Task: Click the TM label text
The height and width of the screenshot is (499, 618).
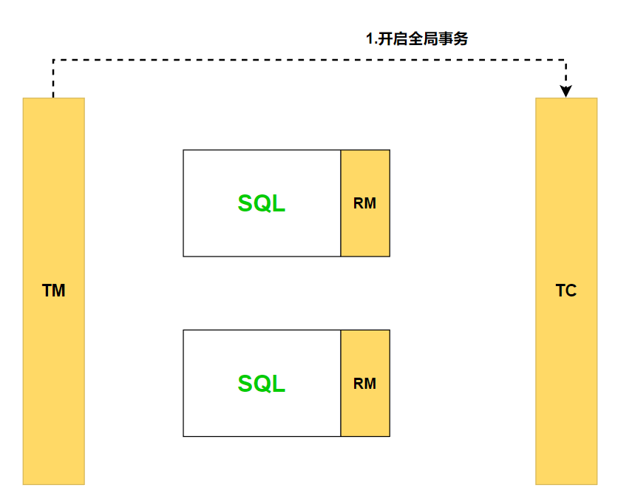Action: click(x=53, y=291)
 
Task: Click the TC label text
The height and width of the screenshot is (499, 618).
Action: click(x=566, y=291)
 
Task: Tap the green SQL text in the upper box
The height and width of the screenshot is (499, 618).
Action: click(x=261, y=204)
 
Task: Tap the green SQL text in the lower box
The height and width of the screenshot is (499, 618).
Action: click(x=261, y=384)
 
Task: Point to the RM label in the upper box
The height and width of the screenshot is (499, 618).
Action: click(x=364, y=204)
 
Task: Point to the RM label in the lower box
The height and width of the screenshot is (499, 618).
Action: click(x=364, y=384)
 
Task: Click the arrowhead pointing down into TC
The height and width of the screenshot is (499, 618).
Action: click(x=566, y=91)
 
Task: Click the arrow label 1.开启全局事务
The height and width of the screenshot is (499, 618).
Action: click(x=417, y=40)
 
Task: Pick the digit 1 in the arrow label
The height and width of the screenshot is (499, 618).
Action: click(x=370, y=40)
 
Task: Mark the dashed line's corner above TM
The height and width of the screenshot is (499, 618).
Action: click(x=53, y=60)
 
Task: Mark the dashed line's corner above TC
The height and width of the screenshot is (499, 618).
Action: click(x=566, y=60)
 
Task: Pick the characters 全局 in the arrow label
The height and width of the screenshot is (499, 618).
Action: click(x=422, y=40)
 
